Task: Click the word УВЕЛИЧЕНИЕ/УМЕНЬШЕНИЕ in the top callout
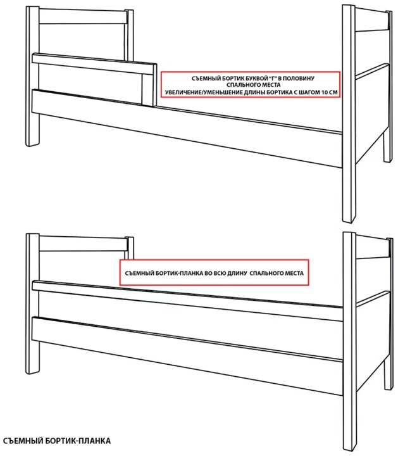tap(199, 92)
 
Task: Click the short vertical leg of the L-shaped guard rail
tap(149, 89)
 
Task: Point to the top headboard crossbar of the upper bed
tap(84, 17)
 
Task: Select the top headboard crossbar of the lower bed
tap(84, 244)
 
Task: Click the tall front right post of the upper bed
tap(349, 113)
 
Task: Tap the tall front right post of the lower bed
tap(349, 343)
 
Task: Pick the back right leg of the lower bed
tap(387, 373)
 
